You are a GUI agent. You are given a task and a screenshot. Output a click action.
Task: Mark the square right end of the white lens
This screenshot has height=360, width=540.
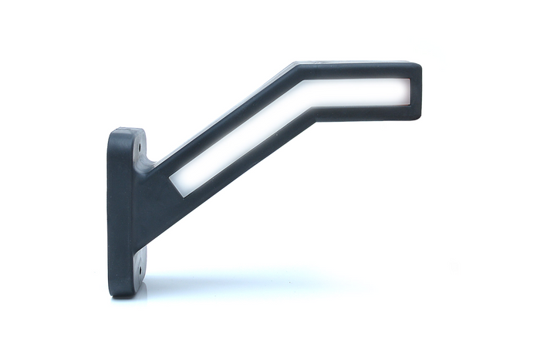coord(406,92)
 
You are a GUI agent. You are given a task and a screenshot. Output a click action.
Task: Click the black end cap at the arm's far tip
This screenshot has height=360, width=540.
coord(416,91)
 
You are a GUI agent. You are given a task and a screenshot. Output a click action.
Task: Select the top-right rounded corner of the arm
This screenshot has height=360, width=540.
coord(417,66)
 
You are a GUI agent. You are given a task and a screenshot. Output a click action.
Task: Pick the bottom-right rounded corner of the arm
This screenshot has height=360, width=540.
coord(417,116)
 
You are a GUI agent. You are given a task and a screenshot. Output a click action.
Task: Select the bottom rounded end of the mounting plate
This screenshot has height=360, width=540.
coord(125,289)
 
